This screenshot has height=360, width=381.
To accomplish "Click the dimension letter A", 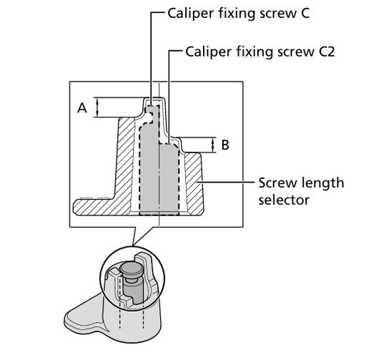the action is coord(82,108).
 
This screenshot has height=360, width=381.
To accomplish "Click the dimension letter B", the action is coord(225,145).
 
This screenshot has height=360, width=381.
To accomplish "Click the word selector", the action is coord(284,200).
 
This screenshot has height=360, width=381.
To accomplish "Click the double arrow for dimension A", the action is coord(97,107).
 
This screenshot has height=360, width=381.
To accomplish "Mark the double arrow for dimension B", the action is coord(213,145).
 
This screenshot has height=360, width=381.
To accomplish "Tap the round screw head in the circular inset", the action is coord(132,269).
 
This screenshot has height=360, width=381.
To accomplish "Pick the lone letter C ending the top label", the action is coord(305,13).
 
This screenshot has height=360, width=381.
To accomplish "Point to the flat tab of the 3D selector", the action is coord(83,313).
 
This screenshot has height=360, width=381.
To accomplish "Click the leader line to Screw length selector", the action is coord(225,182).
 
